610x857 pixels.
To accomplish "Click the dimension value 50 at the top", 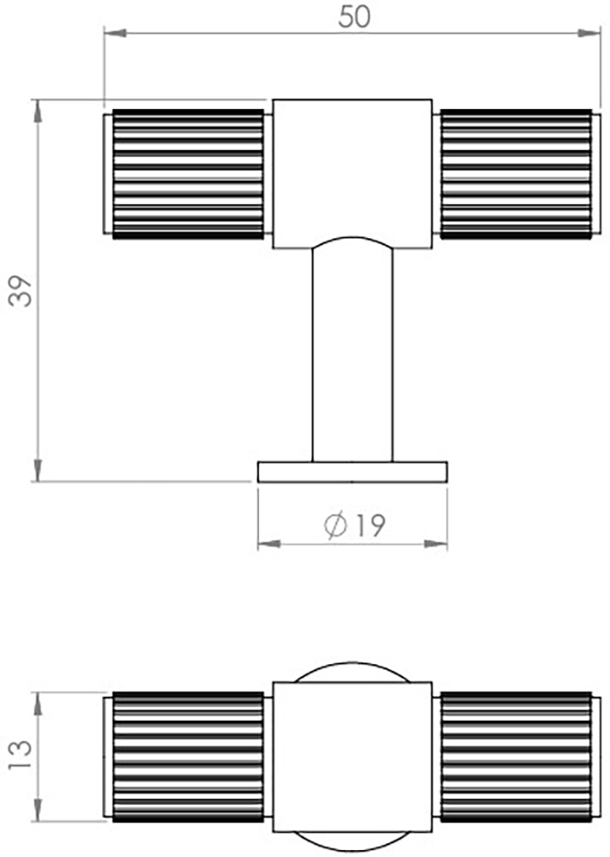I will click(354, 17).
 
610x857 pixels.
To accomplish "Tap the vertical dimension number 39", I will click(21, 291).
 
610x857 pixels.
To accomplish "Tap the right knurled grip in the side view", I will click(516, 174).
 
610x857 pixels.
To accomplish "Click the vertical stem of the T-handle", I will click(352, 360).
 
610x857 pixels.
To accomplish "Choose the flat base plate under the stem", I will click(352, 471).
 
